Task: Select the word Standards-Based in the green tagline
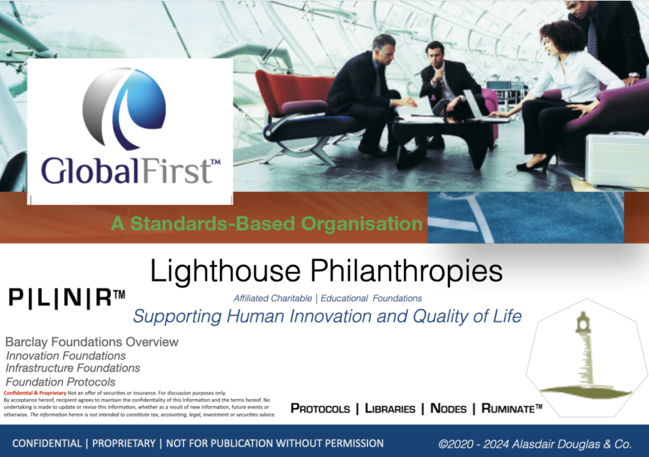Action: pos(213,224)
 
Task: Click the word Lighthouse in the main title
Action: pos(225,271)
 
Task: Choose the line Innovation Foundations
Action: pos(66,356)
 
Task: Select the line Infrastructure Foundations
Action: pos(73,368)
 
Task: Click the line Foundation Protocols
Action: pos(61,382)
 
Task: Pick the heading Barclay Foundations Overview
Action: pos(92,342)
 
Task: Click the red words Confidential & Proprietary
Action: pos(35,393)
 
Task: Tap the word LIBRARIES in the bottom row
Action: pos(390,408)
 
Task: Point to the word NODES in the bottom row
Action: pos(448,408)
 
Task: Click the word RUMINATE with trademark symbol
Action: pos(512,408)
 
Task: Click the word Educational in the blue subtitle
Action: pos(344,298)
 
